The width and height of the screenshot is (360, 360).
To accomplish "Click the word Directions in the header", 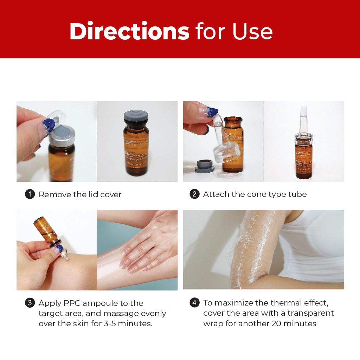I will click(x=129, y=31).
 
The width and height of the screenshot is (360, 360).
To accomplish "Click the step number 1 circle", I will click(x=30, y=194).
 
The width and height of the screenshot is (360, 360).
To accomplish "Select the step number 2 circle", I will click(x=194, y=194).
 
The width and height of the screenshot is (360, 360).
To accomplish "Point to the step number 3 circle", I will click(x=30, y=303).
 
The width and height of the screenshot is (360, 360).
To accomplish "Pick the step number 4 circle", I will click(x=194, y=303).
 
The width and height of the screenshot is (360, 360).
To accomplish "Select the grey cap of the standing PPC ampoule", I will click(x=136, y=116).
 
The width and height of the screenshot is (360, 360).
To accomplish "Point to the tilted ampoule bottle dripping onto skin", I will click(x=47, y=231).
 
